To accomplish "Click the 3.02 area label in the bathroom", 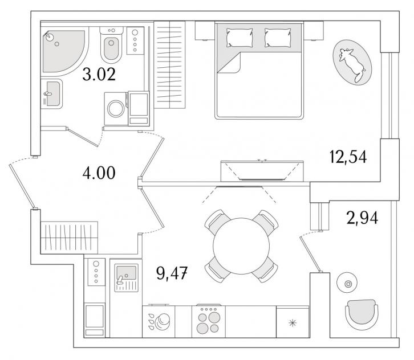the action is [x=99, y=74].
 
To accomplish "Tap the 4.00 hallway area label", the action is [x=99, y=173].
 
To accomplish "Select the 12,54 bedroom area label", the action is [x=348, y=157].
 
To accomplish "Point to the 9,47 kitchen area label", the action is [x=172, y=273].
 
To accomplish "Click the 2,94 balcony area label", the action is [x=362, y=218].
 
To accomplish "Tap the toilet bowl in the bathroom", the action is [x=111, y=48].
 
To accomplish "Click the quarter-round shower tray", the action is [x=63, y=51].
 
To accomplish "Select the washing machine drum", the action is [x=116, y=109].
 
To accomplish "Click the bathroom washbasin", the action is [x=52, y=93].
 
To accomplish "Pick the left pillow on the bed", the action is [x=239, y=38].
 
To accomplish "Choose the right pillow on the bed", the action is [x=278, y=38].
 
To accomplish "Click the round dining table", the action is [x=241, y=246].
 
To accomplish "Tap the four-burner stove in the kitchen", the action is [x=208, y=321].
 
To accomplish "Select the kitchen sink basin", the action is [x=126, y=273].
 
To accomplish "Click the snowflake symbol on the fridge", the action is [x=293, y=323].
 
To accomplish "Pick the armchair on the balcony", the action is [x=362, y=314].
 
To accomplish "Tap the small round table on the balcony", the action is [x=347, y=283].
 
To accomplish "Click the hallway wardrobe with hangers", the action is [x=69, y=238].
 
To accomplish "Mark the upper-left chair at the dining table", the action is [x=217, y=222].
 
